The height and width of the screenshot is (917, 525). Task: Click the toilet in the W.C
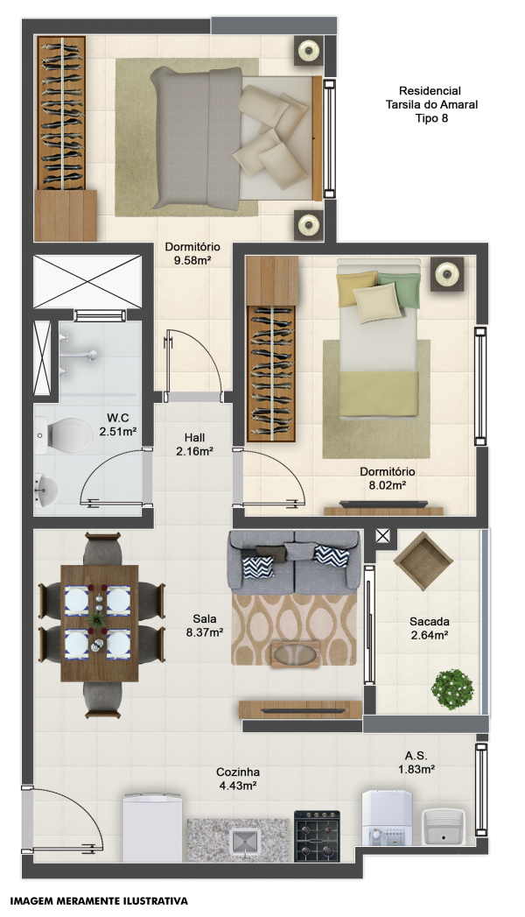63,434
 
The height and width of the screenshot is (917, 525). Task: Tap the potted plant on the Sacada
452,689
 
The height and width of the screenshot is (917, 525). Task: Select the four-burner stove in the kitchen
317,836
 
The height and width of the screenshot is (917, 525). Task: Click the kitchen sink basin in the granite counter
244,841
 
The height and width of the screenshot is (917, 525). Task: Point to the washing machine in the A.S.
387,817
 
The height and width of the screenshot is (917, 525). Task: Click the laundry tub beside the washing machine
444,827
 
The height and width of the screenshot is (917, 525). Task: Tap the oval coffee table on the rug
296,654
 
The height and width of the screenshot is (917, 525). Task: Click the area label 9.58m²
192,261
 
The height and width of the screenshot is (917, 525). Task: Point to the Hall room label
194,437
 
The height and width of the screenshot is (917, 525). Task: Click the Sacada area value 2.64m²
430,635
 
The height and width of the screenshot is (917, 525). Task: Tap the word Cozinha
238,772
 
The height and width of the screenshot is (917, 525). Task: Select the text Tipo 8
431,118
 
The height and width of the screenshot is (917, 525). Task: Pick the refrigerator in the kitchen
152,827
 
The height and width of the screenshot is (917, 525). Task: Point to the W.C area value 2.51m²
118,432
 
